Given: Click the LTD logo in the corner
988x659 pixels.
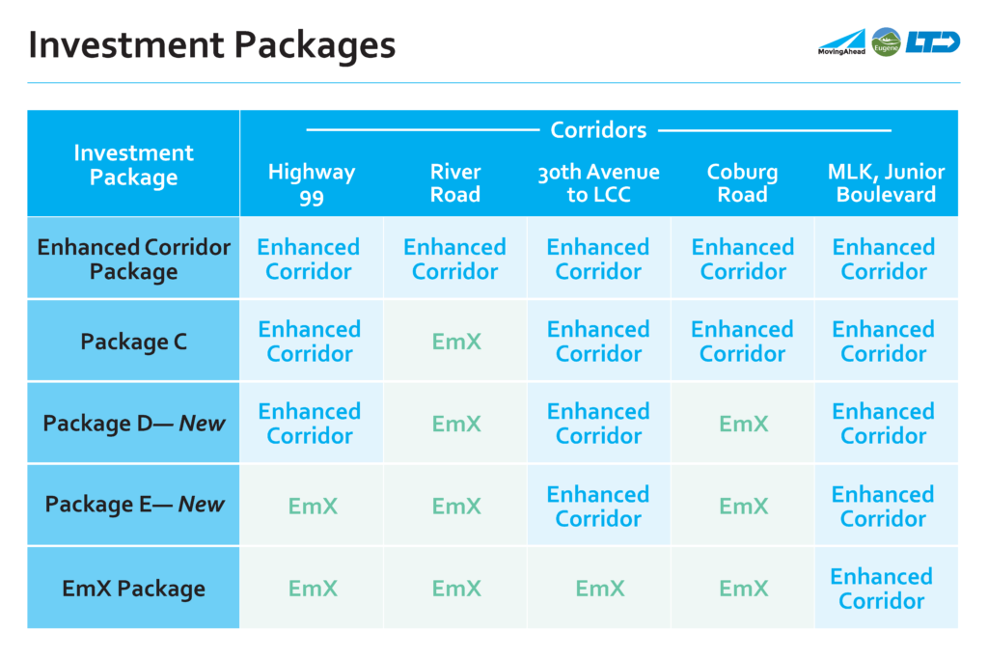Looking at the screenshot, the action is coord(933,41).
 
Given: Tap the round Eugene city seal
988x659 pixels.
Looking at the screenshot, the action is coord(886,42).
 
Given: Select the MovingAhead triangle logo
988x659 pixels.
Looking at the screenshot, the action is coord(841,42).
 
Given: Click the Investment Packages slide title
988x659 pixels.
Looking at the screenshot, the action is coord(211,44).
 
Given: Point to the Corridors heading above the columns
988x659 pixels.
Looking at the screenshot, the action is coord(598,130).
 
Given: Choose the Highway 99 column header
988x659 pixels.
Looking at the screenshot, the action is coord(312,183).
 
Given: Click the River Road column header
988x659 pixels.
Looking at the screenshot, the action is coord(455,182).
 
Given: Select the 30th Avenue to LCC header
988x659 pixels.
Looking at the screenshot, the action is coord(598,182).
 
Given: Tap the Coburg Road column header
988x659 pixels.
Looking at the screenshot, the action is coord(742,182).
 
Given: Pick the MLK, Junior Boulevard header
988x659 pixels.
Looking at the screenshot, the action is coord(886,182).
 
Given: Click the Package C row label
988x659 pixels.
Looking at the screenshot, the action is coord(133,342).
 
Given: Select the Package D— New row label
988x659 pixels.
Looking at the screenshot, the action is coord(133,424).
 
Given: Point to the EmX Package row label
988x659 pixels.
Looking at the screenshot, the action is coord(133,589).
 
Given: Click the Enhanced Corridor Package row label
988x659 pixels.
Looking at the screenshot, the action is coord(133,259).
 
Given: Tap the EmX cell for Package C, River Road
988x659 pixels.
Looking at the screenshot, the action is coord(456,342).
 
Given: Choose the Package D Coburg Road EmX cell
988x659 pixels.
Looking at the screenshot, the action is coord(744,424).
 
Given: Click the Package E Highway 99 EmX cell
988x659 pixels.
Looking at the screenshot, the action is coord(313,506).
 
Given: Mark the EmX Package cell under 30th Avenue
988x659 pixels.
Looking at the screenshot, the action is coord(600,589).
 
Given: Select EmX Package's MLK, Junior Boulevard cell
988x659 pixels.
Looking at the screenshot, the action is coord(881,589).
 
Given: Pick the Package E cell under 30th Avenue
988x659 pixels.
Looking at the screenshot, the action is coord(598,506).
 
